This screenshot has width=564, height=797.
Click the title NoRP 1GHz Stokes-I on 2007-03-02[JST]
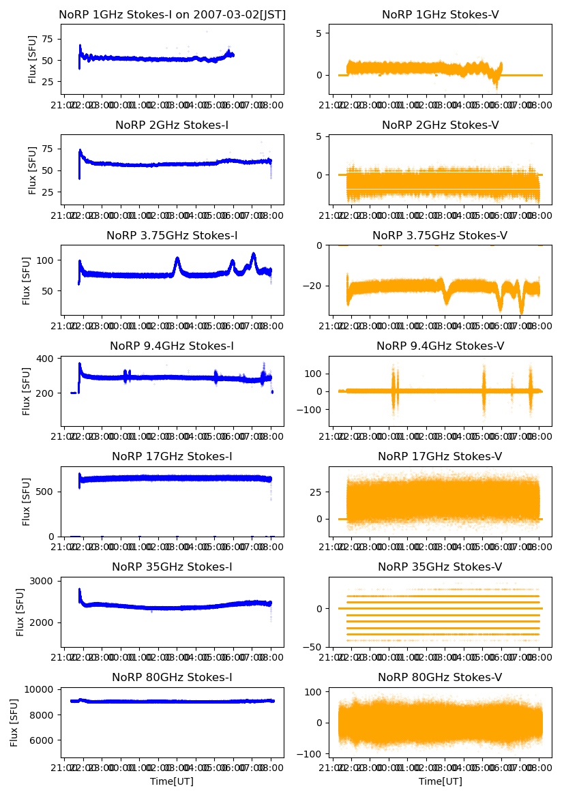tap(172, 14)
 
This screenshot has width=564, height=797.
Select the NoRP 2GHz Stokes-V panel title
tap(440, 125)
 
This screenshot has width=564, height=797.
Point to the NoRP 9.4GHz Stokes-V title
tap(440, 346)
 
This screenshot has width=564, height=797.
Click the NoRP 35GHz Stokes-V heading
tap(440, 567)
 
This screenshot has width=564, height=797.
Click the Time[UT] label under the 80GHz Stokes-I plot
tap(172, 781)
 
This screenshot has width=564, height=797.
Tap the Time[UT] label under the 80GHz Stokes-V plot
tap(440, 781)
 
